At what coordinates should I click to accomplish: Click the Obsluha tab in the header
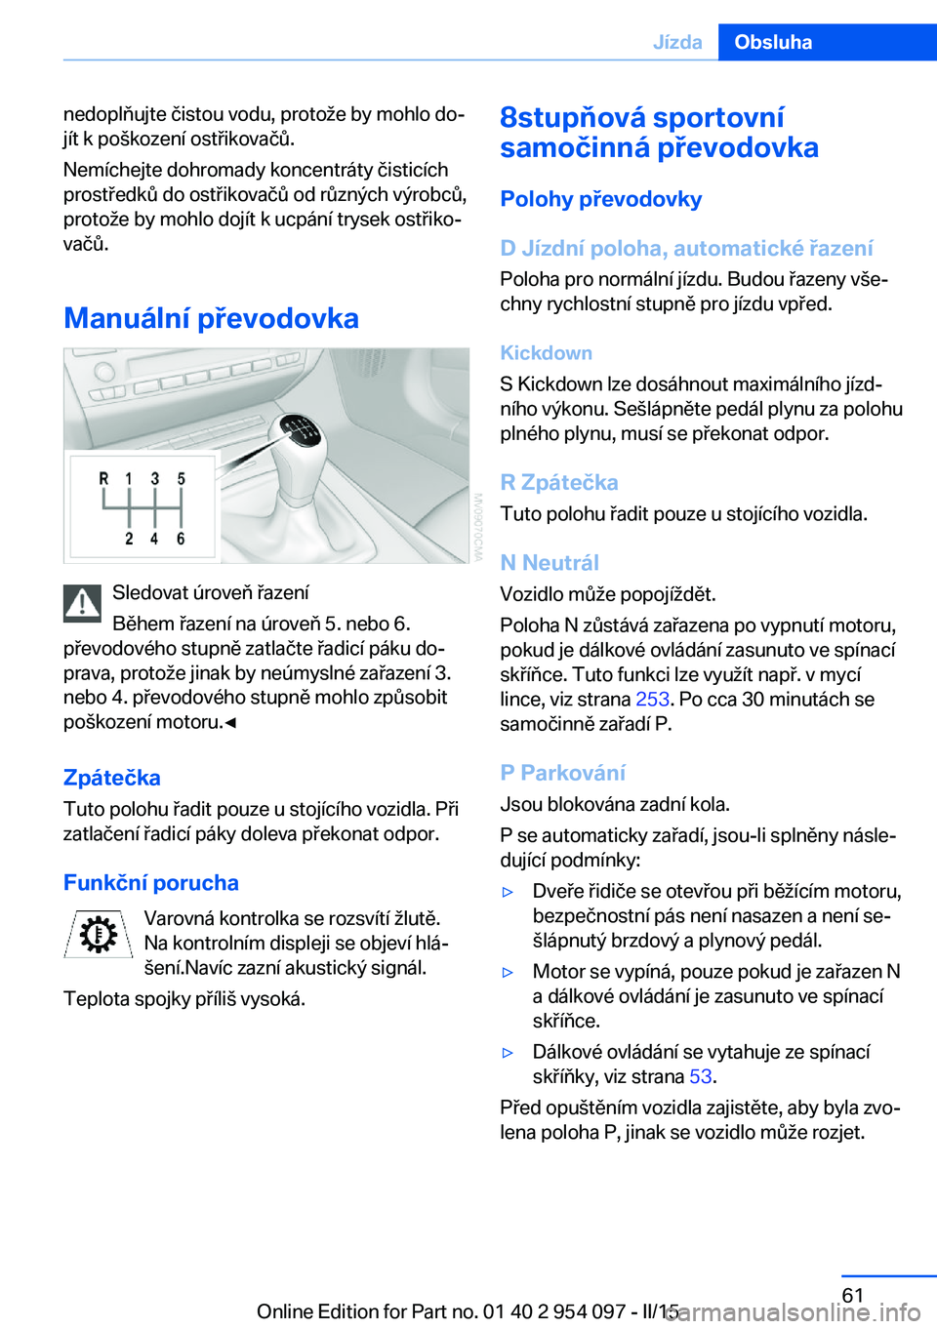(x=773, y=42)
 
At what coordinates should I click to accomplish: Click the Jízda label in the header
(x=677, y=42)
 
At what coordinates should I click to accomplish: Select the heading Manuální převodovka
(x=211, y=318)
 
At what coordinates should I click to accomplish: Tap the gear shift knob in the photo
(x=299, y=434)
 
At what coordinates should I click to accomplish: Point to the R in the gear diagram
(x=103, y=478)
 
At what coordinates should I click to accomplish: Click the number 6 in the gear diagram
(x=181, y=539)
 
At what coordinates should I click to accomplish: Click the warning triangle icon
(x=83, y=604)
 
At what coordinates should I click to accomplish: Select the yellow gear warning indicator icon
(x=98, y=935)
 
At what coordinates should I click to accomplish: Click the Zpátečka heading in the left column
(x=112, y=778)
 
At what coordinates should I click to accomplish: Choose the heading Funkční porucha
(x=151, y=883)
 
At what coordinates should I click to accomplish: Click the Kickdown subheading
(x=547, y=353)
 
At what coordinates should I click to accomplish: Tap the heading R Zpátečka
(x=559, y=482)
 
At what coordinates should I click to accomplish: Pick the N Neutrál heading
(x=550, y=563)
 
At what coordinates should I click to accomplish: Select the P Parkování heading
(x=563, y=773)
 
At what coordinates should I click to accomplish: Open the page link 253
(x=652, y=700)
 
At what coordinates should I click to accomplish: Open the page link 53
(x=700, y=1076)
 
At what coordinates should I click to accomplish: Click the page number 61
(x=853, y=1295)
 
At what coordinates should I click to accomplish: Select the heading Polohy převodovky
(x=601, y=199)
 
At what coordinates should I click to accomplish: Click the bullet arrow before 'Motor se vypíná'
(x=508, y=972)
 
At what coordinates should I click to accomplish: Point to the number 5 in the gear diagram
(x=181, y=478)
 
